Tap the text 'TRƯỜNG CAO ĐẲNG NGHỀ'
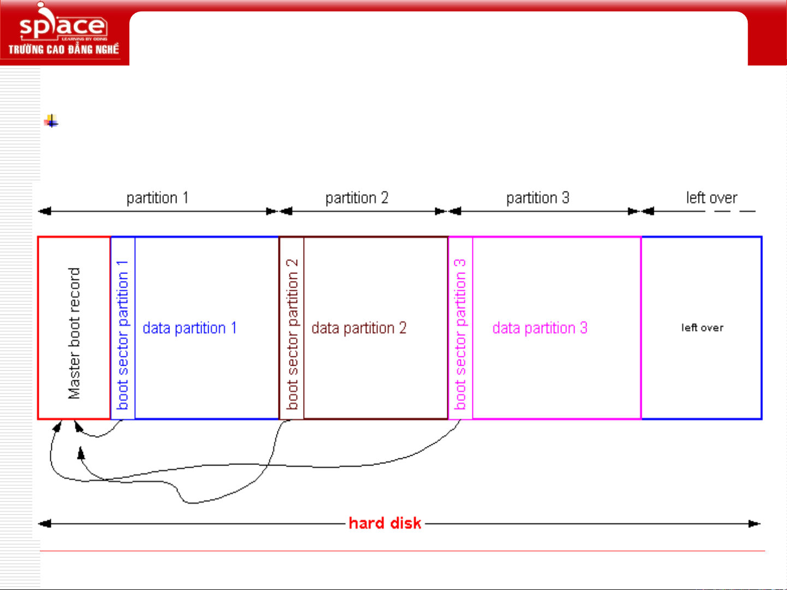63,50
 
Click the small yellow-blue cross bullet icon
51,121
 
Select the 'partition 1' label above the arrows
157,198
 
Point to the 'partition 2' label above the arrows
357,198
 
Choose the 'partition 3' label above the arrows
537,198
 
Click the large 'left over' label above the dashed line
712,198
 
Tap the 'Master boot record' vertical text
74,333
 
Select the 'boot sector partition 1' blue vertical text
123,335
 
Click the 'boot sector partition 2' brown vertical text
292,334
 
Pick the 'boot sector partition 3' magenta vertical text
460,334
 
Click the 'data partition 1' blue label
190,329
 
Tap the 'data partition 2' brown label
359,329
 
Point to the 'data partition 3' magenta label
540,329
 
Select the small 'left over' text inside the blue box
702,328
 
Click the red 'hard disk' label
384,523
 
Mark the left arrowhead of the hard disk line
44,524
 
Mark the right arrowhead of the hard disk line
754,524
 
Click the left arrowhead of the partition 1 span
44,211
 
